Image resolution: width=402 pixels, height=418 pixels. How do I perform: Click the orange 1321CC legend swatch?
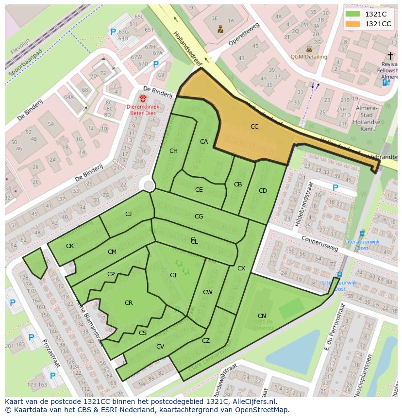352,24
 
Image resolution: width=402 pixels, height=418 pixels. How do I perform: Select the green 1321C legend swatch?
352,14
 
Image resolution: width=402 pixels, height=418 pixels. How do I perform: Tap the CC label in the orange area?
254,127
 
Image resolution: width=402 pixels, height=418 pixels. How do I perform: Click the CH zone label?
173,151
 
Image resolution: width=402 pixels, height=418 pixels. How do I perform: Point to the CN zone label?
262,316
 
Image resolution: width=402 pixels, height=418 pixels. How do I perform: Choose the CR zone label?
129,303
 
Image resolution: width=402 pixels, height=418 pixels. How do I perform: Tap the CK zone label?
70,246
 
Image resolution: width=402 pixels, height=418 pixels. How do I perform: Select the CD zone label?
263,191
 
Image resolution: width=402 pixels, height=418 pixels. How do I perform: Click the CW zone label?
208,292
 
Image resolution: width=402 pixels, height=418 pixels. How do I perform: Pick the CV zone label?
160,347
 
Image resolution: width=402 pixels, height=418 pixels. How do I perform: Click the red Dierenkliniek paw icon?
143,99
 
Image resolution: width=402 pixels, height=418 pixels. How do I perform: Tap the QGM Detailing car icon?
309,49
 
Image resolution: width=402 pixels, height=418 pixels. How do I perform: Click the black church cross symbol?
390,56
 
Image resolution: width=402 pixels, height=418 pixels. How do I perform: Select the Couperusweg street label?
319,241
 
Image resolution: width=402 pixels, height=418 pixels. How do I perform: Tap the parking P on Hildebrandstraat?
335,188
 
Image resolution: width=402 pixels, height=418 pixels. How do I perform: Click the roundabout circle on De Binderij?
149,185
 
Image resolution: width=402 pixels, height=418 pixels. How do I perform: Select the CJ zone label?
128,214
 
